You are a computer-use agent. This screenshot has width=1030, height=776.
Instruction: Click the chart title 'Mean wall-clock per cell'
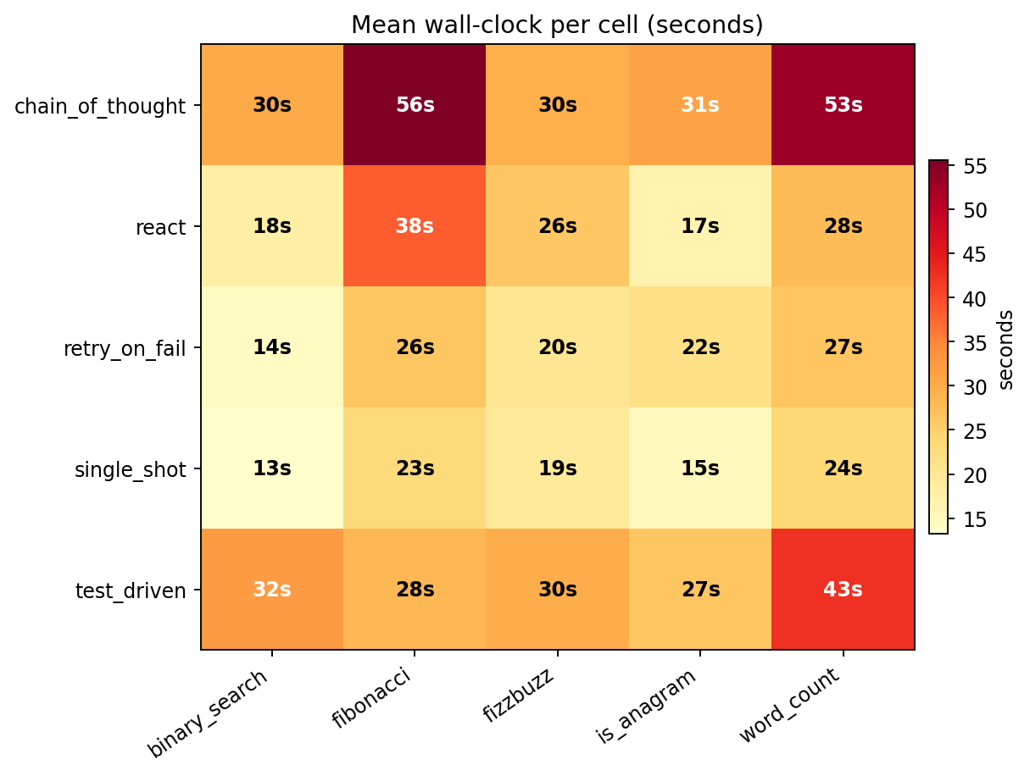point(557,25)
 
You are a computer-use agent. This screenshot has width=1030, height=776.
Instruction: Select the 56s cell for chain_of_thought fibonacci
point(415,105)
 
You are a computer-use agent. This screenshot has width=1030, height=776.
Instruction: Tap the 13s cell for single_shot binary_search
point(272,468)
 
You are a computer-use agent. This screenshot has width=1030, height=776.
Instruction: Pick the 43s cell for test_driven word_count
point(843,590)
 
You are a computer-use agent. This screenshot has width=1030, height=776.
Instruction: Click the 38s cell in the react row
point(415,226)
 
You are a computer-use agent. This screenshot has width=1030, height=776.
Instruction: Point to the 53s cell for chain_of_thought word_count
point(843,105)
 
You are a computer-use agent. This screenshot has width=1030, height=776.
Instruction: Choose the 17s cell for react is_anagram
point(700,226)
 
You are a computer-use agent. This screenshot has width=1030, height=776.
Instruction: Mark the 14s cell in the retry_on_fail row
point(272,347)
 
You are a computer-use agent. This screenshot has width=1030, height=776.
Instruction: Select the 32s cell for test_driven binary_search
point(272,590)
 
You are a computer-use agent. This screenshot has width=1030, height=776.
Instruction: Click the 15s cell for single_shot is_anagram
point(700,468)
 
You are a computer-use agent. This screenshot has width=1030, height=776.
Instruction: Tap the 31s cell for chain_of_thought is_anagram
point(700,105)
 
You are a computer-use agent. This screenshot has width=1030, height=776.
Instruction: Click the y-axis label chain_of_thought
point(99,106)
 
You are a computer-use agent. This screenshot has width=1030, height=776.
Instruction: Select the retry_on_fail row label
point(124,348)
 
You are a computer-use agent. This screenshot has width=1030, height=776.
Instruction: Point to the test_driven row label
point(130,590)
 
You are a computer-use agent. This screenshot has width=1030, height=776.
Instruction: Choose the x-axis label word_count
point(790,705)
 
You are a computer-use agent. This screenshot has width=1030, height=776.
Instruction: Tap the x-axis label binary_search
point(208,712)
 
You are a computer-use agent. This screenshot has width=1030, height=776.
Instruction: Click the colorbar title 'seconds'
point(1006,349)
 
